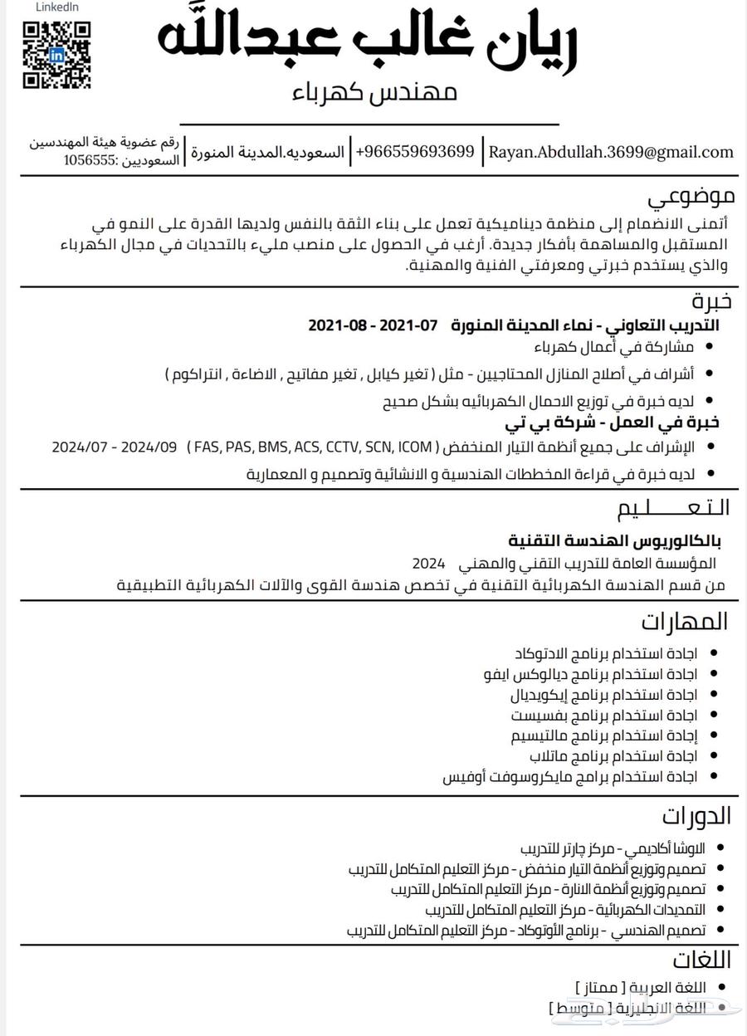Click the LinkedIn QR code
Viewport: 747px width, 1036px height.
(x=56, y=55)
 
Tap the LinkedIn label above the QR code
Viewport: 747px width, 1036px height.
(x=57, y=7)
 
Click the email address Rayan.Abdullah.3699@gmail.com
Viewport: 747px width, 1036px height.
(x=611, y=152)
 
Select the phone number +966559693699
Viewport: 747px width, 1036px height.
(x=415, y=152)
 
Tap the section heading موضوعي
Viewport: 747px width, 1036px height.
(x=691, y=198)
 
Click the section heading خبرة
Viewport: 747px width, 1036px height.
(x=712, y=300)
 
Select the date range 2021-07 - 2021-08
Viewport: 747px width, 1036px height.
(x=373, y=325)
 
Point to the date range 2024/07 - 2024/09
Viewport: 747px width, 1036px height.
(x=115, y=447)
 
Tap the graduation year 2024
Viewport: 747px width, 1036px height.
(x=429, y=564)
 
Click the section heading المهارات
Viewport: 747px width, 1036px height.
(x=685, y=621)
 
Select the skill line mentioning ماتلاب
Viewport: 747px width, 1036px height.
(x=613, y=755)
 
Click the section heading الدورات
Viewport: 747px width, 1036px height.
(x=696, y=815)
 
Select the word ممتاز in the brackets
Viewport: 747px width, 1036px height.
(x=599, y=988)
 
